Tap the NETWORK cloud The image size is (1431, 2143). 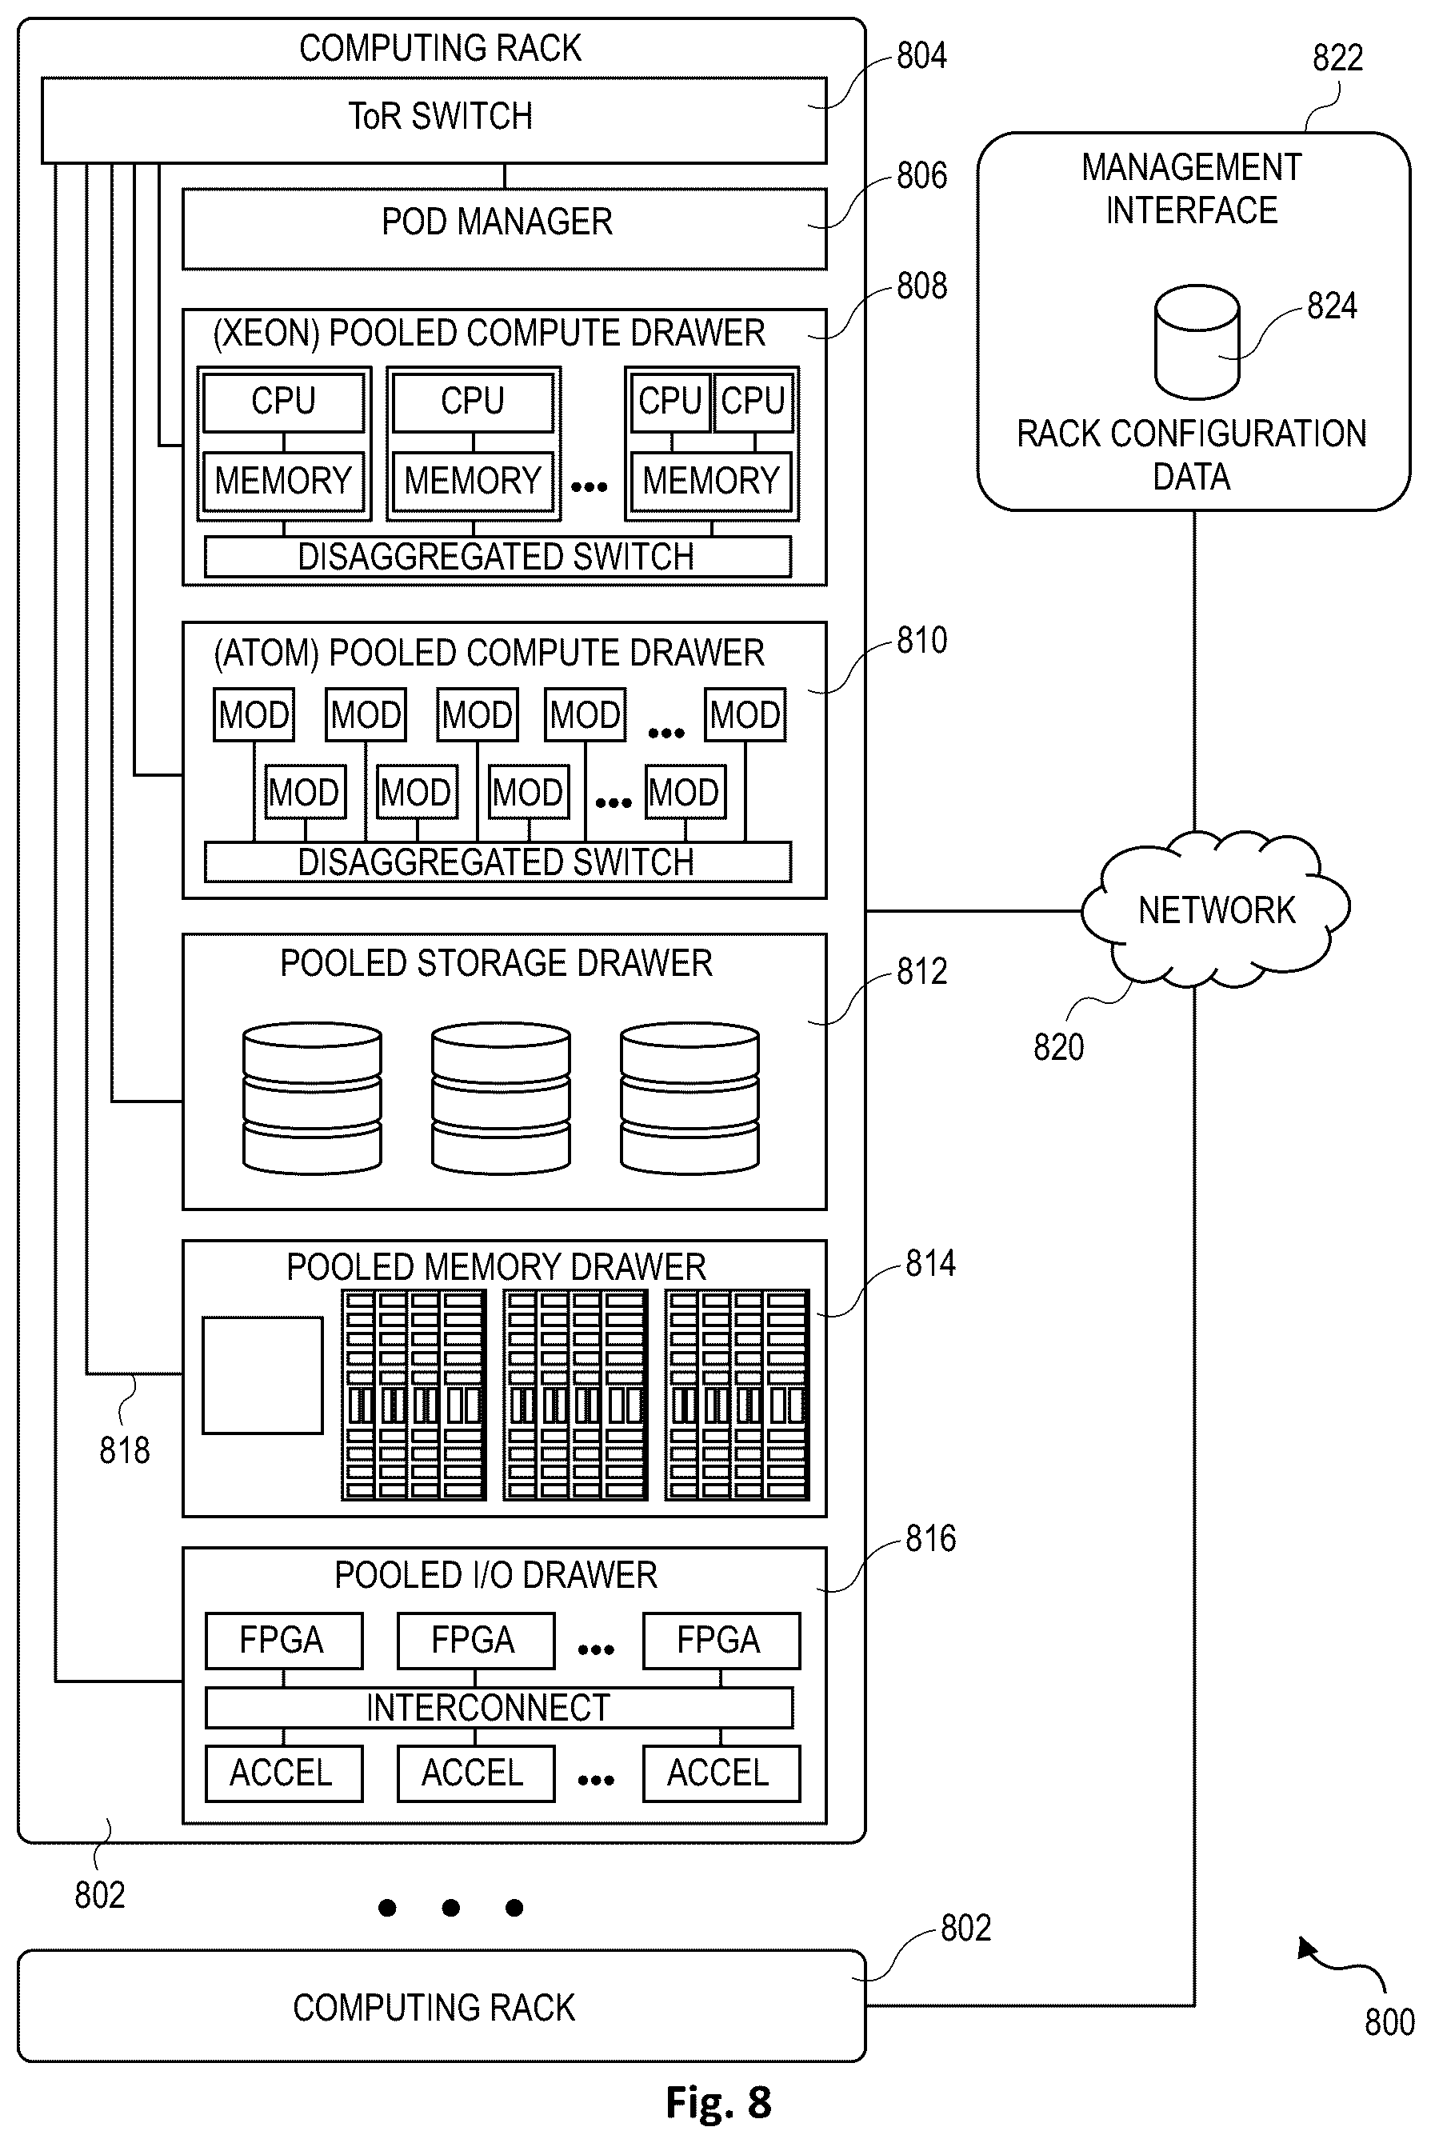[1216, 910]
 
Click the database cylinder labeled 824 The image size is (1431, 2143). [1197, 342]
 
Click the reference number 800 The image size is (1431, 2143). [1389, 2022]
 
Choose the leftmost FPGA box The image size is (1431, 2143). [284, 1641]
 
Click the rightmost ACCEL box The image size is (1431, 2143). [721, 1773]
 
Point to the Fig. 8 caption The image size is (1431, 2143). [718, 2102]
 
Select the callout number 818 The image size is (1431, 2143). [124, 1450]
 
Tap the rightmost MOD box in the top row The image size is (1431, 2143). [745, 714]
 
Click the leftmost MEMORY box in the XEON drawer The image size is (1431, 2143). [284, 481]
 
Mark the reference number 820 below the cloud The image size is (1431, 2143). [1058, 1047]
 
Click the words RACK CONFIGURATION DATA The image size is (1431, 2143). [1191, 454]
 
